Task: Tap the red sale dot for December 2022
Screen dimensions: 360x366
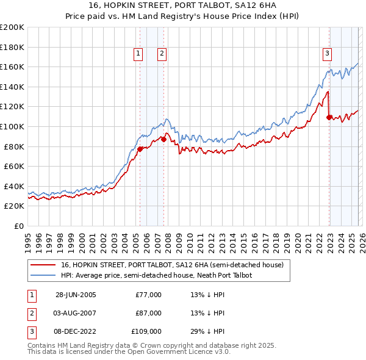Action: (x=329, y=117)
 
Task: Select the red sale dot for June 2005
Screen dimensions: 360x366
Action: (x=140, y=149)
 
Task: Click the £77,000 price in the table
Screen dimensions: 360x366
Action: (x=149, y=295)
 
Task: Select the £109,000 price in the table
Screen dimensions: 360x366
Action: (x=147, y=331)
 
